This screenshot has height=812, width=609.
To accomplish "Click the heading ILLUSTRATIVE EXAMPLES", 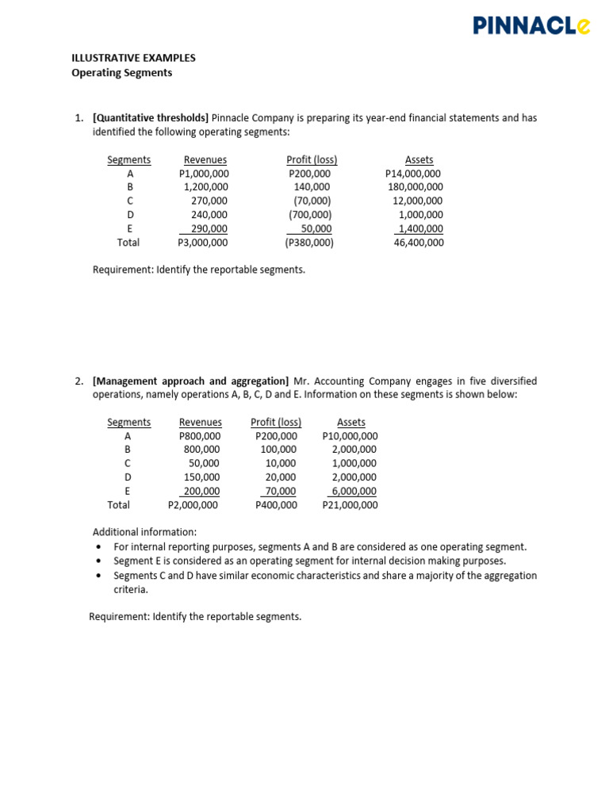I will (x=133, y=58).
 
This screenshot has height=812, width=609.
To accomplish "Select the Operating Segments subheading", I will (x=121, y=73).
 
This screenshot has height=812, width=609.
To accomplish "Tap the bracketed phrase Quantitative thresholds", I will (x=151, y=118).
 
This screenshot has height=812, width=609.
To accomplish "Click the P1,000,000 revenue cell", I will (x=205, y=174).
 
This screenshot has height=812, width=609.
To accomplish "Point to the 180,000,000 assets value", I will (x=416, y=187).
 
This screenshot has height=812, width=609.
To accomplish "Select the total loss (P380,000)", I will (x=310, y=243).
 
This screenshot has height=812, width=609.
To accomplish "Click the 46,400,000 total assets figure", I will (x=419, y=243).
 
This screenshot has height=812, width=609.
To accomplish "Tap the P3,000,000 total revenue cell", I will (x=204, y=243).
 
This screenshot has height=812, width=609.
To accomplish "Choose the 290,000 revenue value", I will (x=209, y=228).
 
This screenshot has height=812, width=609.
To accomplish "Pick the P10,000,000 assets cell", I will (x=350, y=436).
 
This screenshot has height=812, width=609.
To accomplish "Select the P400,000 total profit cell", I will (x=277, y=504).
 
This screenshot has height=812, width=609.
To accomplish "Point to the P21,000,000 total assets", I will (x=350, y=504).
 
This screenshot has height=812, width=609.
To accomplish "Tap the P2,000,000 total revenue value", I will (x=194, y=504).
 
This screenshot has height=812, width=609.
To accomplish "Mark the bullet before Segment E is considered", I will (x=98, y=561).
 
